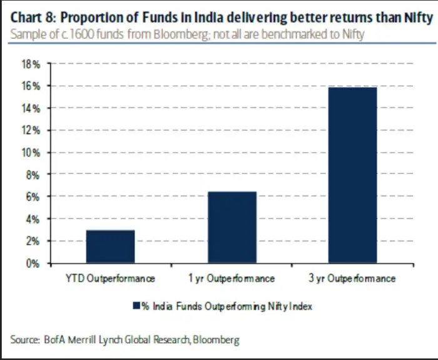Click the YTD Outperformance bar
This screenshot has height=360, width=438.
[x=110, y=247]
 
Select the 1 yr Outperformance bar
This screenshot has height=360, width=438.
[x=232, y=227]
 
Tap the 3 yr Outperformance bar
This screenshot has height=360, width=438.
[x=352, y=175]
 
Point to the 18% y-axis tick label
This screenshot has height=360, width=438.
[x=32, y=64]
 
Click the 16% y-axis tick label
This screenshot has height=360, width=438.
[x=32, y=86]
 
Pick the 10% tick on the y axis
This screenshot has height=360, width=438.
[x=32, y=152]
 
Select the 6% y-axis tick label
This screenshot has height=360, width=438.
[x=34, y=197]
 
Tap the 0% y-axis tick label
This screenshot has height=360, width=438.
[x=34, y=264]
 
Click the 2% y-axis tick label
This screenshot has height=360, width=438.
[x=34, y=241]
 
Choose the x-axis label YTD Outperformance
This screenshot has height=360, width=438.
[x=110, y=279]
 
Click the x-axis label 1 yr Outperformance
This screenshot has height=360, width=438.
[x=232, y=279]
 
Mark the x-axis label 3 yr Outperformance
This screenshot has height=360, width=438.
[x=352, y=279]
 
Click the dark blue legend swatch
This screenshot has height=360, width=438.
[x=135, y=306]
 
